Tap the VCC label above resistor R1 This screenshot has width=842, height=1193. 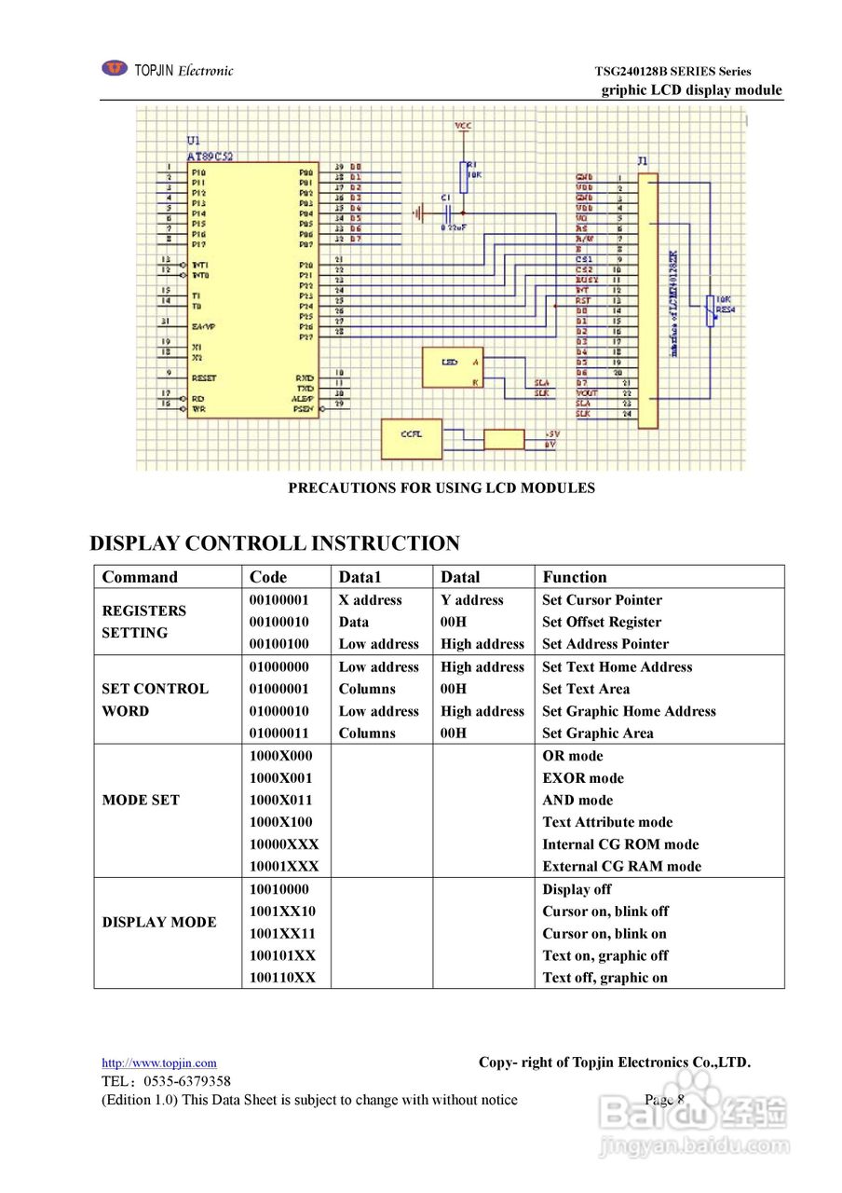click(463, 125)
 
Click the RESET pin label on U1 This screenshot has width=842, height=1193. click(204, 378)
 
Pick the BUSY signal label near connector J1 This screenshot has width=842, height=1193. click(587, 280)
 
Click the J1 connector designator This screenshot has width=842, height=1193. click(643, 160)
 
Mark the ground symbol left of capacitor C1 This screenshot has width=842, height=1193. click(418, 213)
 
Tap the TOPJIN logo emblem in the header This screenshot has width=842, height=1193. click(115, 68)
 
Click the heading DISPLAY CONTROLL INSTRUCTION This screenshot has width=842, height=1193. click(275, 543)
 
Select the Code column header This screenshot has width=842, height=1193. click(268, 577)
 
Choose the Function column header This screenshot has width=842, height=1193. click(574, 577)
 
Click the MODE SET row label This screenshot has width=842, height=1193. click(141, 800)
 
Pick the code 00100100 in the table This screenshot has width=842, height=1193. click(279, 644)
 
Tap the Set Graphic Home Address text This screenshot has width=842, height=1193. click(629, 711)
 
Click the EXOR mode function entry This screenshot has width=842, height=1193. click(583, 778)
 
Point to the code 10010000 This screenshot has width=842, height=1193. click(279, 889)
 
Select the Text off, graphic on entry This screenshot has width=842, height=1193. click(604, 978)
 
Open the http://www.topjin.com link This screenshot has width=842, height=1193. click(158, 1063)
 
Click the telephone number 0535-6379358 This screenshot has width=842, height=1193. click(187, 1081)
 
